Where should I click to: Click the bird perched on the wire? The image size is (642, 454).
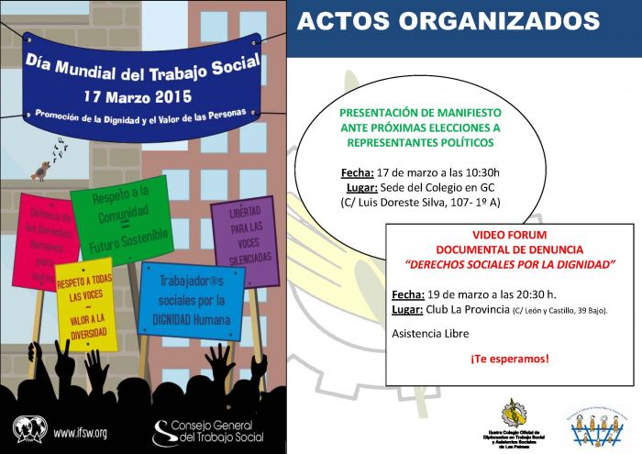[40, 169]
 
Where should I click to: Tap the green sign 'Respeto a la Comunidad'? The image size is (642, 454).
[119, 220]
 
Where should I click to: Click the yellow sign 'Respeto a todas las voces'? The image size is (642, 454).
[85, 304]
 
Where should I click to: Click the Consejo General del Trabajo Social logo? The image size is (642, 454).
[208, 432]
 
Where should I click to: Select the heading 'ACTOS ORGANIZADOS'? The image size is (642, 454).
[448, 22]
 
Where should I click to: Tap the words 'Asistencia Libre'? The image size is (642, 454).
[428, 334]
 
